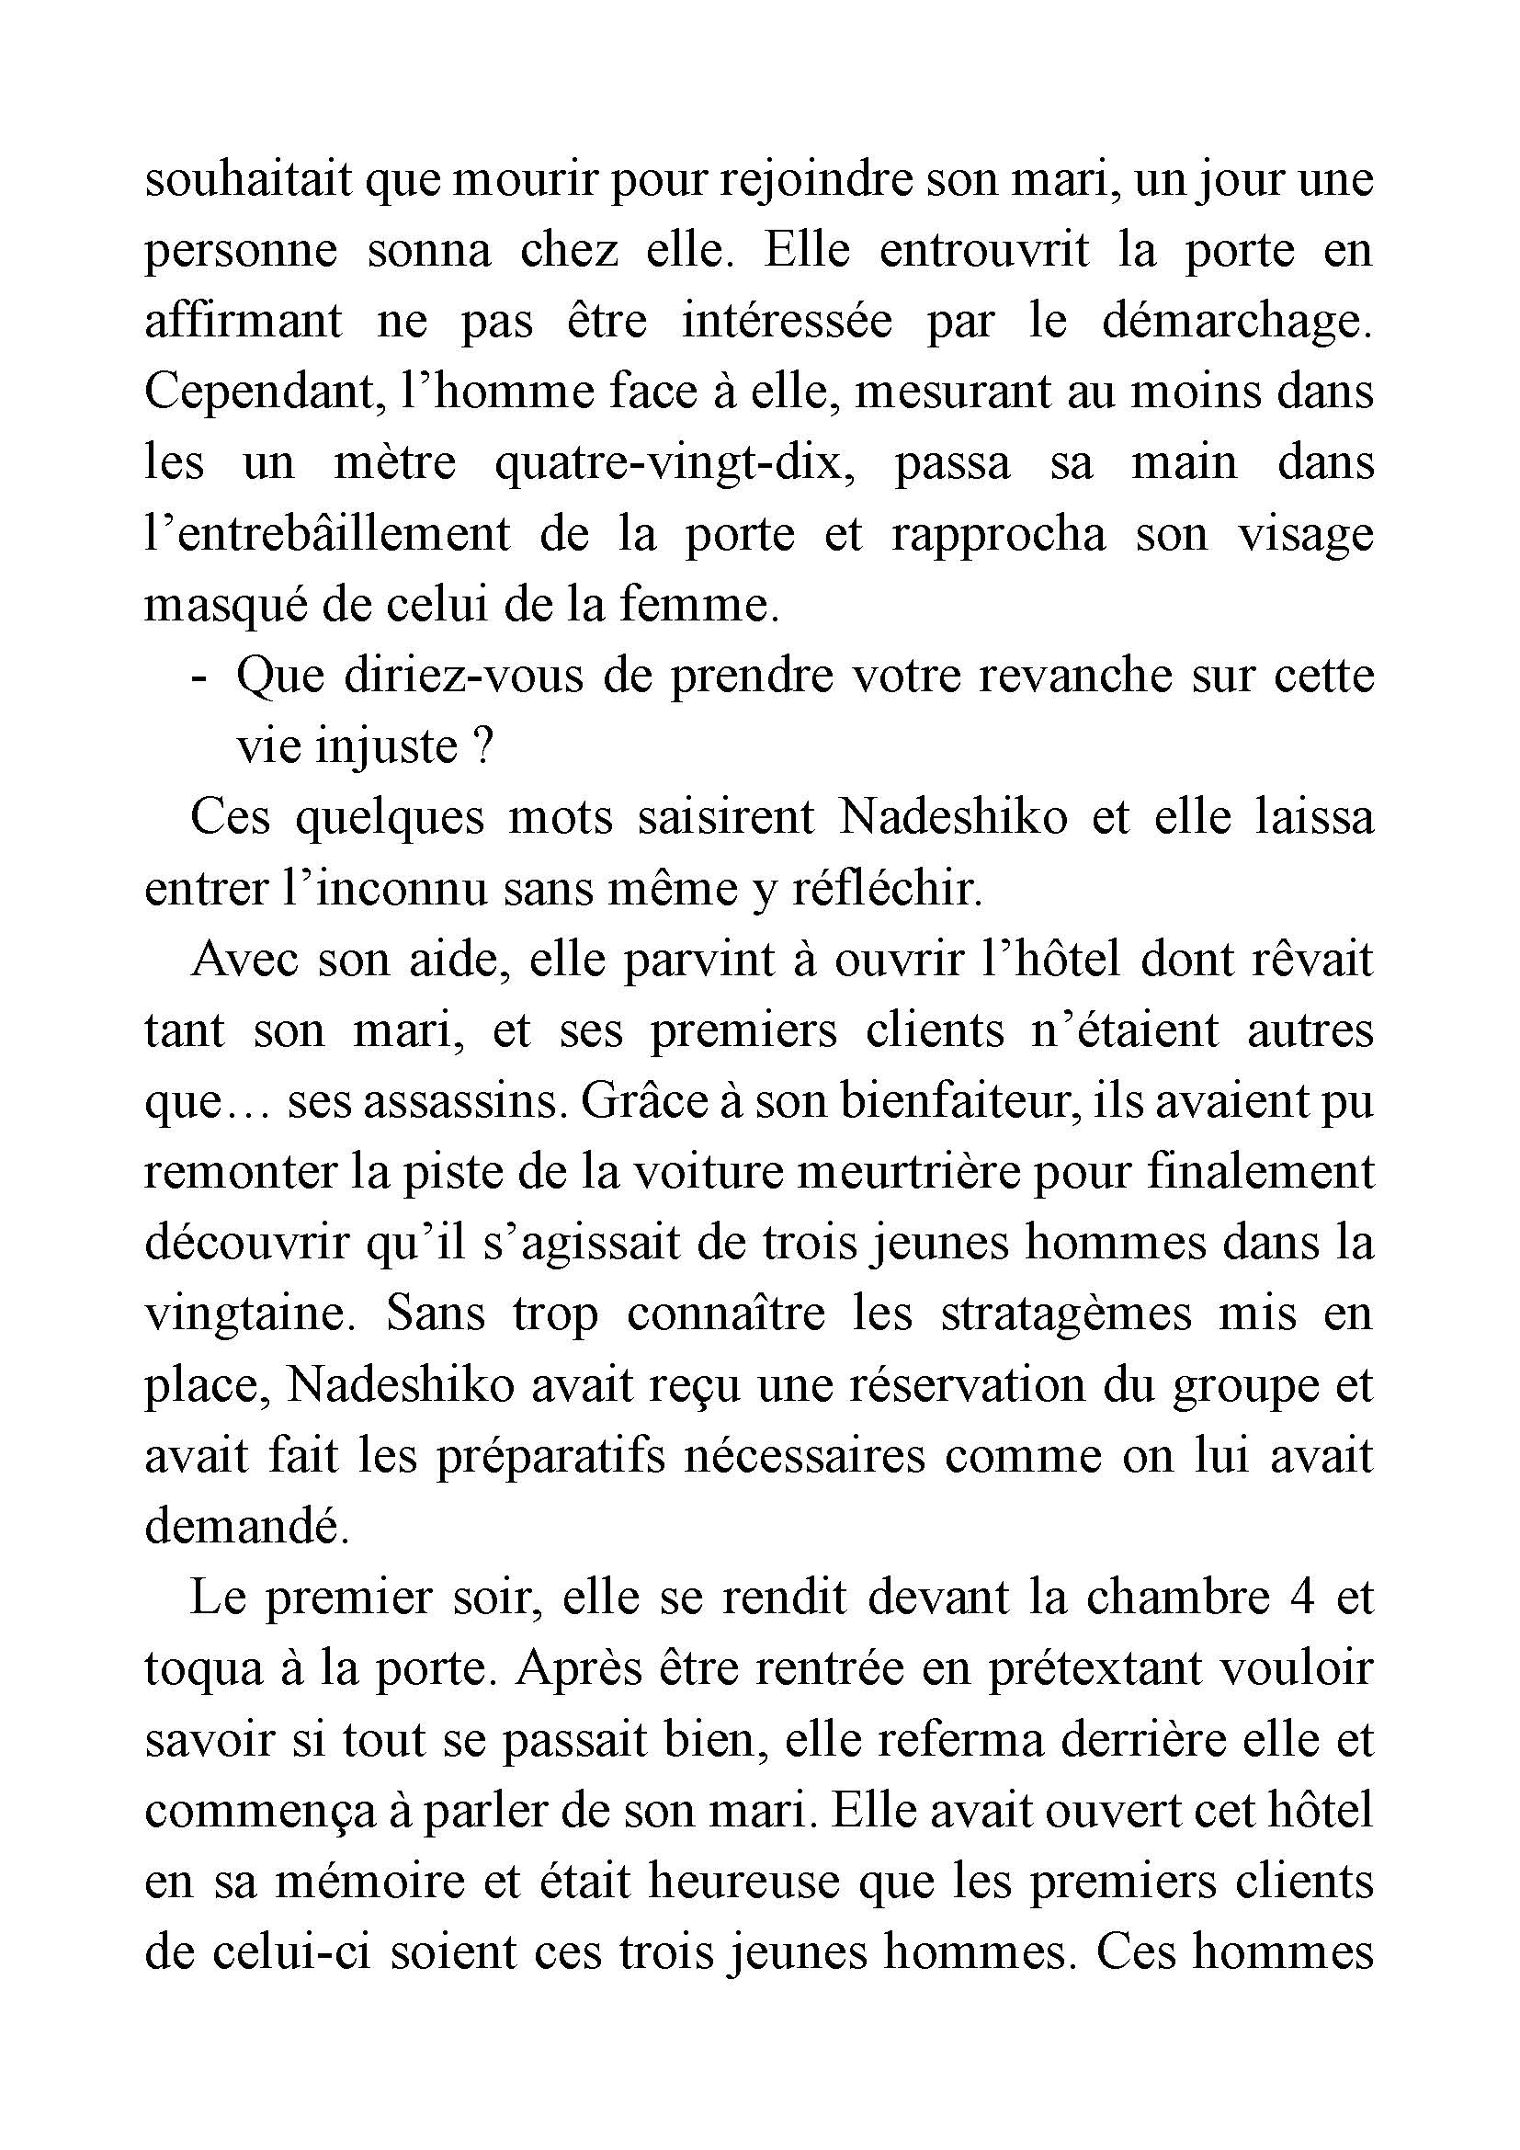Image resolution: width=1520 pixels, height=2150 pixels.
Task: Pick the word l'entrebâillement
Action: point(327,535)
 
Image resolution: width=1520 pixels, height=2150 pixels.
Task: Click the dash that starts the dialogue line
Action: point(198,677)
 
